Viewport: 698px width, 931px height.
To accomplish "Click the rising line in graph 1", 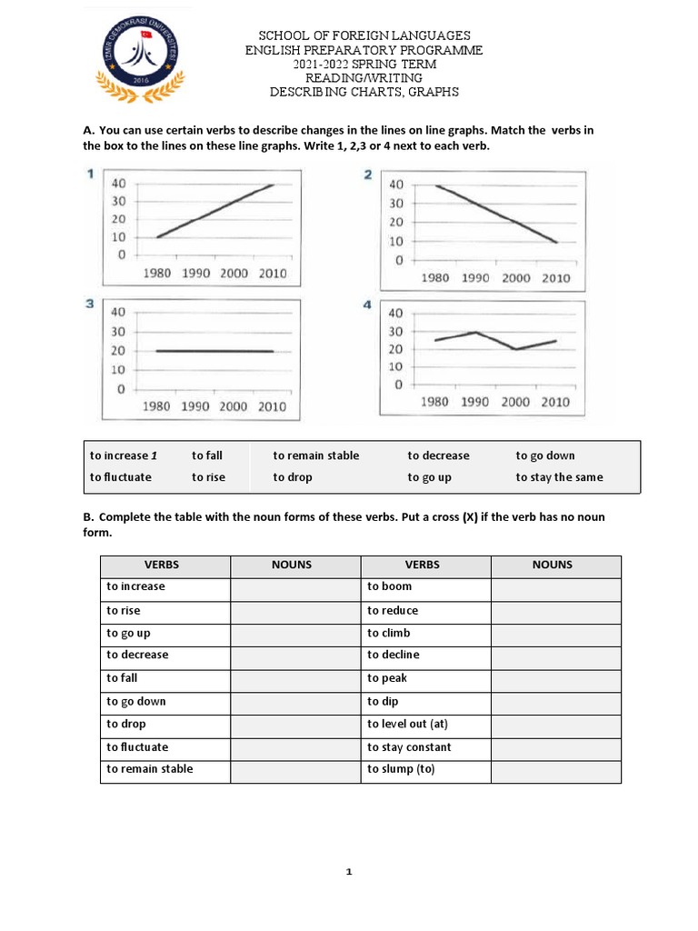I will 214,211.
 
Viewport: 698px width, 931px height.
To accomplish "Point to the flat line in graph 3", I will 214,351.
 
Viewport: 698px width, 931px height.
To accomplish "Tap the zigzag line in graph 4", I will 494,340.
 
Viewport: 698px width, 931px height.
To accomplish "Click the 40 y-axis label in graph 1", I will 118,183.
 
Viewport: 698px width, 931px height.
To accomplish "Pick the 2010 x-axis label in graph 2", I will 556,278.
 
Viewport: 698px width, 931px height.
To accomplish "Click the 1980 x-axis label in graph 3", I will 156,406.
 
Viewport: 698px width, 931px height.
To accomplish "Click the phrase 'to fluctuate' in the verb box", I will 121,477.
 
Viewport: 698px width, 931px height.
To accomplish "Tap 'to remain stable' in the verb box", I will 315,455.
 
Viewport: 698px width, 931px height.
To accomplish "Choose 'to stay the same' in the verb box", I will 559,477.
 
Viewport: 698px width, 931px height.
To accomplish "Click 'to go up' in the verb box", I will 429,477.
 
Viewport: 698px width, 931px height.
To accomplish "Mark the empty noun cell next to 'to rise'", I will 294,611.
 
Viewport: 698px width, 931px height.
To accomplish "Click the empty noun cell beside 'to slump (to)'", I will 555,770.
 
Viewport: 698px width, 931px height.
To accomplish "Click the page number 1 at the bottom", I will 348,873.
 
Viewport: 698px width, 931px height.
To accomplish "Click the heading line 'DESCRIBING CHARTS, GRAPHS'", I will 364,92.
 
